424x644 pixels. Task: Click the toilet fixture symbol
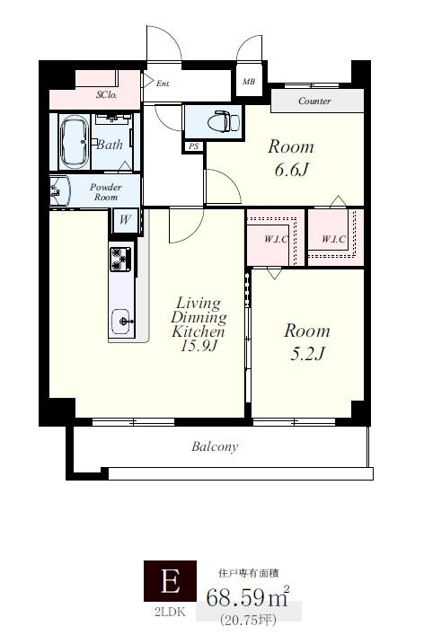pos(223,121)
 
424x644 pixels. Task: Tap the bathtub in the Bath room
pos(74,142)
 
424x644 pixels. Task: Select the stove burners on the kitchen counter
pos(120,260)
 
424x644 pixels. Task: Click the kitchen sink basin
pos(122,322)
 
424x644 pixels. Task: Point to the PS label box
pos(193,146)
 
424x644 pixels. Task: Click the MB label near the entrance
pos(249,82)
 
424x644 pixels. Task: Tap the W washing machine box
pos(125,220)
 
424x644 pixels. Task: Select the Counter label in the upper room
pos(314,101)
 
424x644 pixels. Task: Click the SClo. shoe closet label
pos(107,94)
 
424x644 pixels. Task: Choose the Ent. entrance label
pos(163,84)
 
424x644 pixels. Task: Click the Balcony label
pos(215,446)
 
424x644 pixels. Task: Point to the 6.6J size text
pos(291,169)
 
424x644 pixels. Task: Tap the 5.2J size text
pos(308,353)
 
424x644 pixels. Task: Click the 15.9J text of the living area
pos(199,346)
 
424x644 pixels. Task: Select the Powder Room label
pos(106,192)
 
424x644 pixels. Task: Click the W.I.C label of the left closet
pos(276,239)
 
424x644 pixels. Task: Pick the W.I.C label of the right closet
pos(333,239)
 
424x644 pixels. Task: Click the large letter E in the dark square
pos(170,581)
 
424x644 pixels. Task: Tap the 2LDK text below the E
pos(170,613)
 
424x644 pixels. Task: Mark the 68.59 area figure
pos(235,597)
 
